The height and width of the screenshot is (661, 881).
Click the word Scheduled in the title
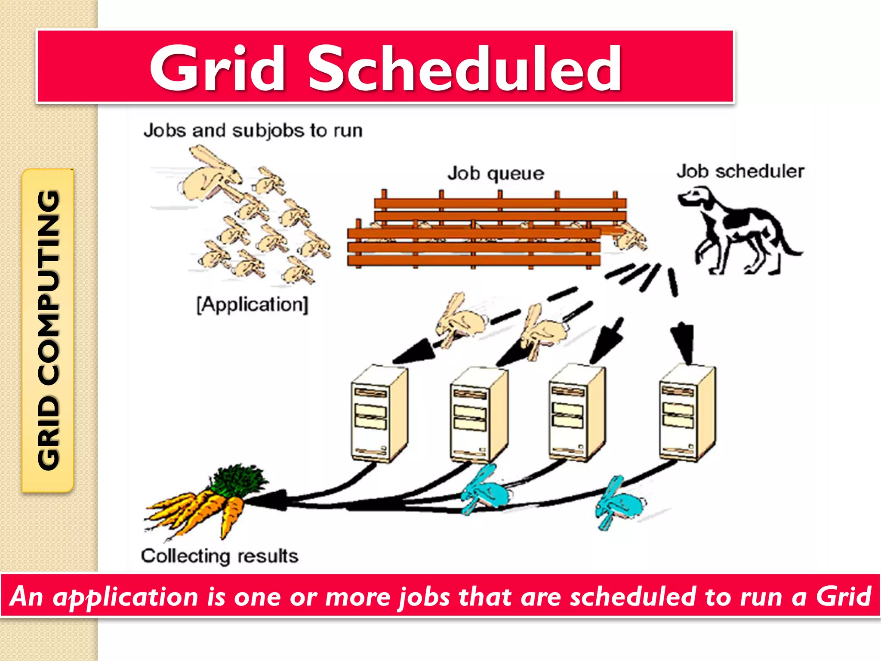click(465, 69)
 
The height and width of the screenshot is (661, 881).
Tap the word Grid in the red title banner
click(217, 69)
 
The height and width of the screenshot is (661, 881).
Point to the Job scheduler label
click(740, 171)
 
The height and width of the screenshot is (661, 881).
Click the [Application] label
click(253, 305)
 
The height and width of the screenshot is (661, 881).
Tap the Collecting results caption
click(219, 556)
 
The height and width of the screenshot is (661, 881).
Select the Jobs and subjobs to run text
click(253, 130)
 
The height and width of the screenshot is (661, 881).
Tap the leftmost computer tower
click(379, 413)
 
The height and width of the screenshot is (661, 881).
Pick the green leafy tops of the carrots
click(239, 480)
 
